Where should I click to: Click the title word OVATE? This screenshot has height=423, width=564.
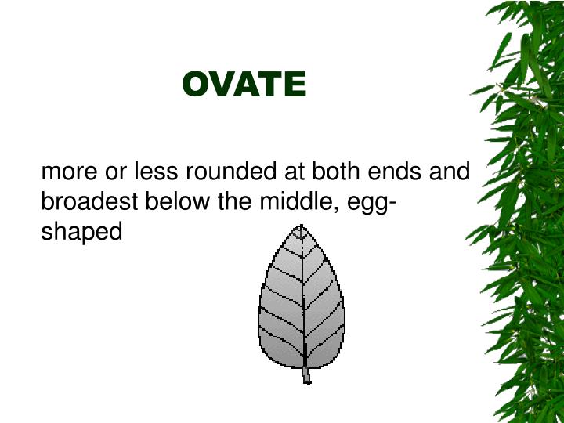(244, 85)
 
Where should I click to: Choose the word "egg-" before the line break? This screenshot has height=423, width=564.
(367, 203)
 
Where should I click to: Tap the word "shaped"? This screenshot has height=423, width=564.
(81, 233)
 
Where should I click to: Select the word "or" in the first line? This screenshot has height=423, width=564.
(104, 171)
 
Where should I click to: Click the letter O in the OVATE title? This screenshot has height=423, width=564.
(195, 85)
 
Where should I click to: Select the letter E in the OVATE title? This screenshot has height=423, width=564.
(295, 85)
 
